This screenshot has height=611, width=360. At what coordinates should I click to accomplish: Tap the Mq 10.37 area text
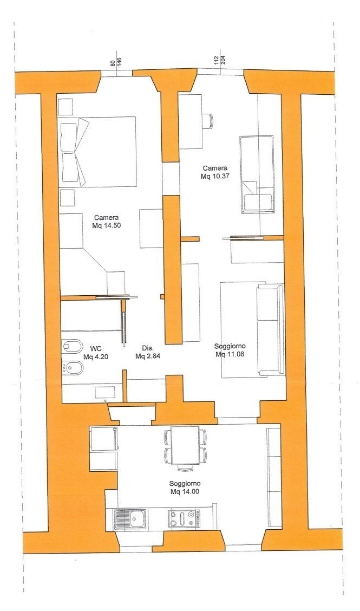coord(215,177)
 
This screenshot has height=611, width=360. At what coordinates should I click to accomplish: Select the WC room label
coord(95,348)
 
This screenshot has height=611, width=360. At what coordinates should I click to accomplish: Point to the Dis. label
coord(148,348)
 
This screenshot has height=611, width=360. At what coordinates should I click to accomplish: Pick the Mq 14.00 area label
coord(185,492)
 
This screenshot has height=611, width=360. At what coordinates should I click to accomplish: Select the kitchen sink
coord(130,519)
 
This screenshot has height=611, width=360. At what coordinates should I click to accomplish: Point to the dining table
coord(185,445)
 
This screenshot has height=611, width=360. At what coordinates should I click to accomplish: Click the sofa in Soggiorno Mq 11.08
coord(270,330)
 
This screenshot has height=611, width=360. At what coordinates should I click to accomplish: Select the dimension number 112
coord(216,60)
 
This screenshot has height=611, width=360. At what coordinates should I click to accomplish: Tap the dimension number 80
coord(113,63)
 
